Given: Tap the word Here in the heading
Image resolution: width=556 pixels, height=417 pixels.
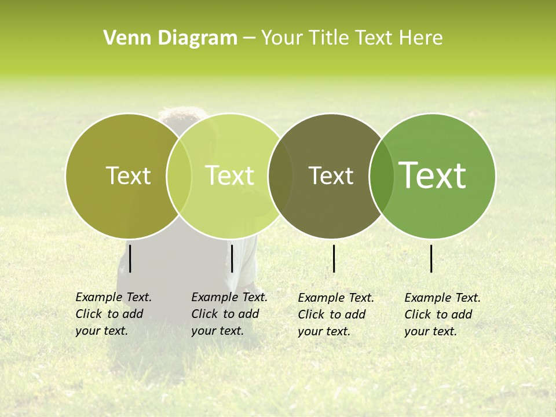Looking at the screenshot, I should tap(422, 38).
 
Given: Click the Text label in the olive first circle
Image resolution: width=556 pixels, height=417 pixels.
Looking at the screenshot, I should tap(128, 175).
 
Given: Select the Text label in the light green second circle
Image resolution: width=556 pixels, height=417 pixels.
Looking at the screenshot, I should tap(230, 175).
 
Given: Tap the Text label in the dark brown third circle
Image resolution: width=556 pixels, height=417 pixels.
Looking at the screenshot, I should tap(331, 175).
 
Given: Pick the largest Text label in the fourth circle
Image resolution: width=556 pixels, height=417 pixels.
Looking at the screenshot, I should tap(433, 175).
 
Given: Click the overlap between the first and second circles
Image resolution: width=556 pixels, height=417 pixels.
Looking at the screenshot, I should tap(179, 175).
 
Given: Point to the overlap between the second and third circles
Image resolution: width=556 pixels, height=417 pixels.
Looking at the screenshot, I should tap(280, 175).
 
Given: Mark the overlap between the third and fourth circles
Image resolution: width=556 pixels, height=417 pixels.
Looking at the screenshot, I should tap(381, 175).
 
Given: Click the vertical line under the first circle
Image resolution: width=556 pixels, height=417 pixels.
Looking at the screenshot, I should tap(130, 258).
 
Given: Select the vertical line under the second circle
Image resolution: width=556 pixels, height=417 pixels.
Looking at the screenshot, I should tap(232, 258).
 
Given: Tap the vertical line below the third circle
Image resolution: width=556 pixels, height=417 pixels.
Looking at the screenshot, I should tap(334, 258).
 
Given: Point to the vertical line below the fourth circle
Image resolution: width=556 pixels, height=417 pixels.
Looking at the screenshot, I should tap(431, 258).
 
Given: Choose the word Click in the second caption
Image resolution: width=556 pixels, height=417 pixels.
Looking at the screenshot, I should tap(204, 314).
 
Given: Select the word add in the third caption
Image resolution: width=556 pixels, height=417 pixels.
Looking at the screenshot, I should tap(355, 314).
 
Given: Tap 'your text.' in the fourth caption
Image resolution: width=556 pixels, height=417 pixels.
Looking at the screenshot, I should tap(430, 331).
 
